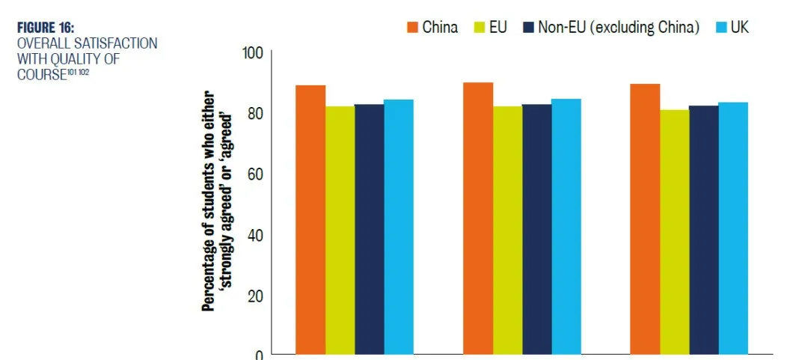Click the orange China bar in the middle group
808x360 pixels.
click(x=478, y=217)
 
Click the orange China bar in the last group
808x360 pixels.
click(x=645, y=218)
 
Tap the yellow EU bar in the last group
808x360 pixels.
click(x=674, y=231)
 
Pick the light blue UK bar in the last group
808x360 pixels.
click(x=732, y=228)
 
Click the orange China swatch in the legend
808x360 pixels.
click(x=412, y=28)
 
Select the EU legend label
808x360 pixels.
click(x=498, y=28)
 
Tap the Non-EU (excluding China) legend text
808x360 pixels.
click(x=619, y=28)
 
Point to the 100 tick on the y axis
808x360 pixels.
click(x=253, y=53)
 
